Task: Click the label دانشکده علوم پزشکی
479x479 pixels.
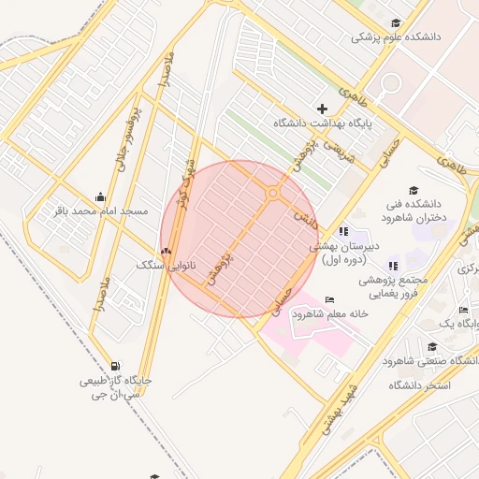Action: (396, 37)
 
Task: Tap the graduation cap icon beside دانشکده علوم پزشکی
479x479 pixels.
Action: (395, 23)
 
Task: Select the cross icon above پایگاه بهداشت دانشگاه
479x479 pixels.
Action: (323, 109)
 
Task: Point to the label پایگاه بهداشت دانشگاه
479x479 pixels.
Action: (324, 123)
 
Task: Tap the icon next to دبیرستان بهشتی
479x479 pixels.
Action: (342, 231)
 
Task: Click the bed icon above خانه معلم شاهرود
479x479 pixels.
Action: (327, 299)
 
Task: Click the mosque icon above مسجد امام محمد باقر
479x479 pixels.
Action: (100, 196)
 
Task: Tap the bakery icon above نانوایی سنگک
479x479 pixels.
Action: (166, 250)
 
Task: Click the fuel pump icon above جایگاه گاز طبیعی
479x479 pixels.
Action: (114, 366)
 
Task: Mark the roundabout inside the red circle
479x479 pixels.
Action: (274, 193)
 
